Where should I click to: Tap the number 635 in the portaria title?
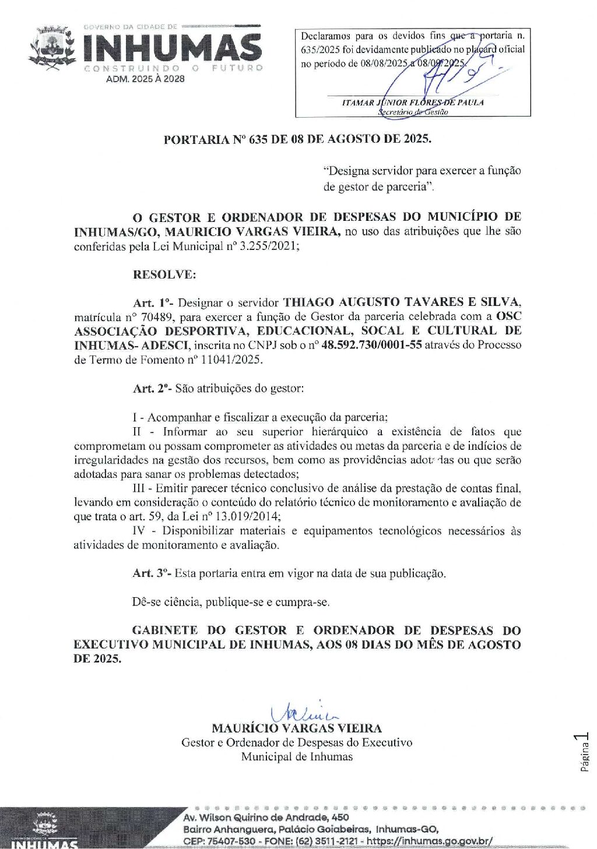[x=258, y=139]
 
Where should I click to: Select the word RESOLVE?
[x=164, y=274]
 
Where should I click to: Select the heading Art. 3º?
[x=151, y=573]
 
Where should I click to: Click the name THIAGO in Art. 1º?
[x=308, y=302]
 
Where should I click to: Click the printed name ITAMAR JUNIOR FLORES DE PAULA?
[x=413, y=103]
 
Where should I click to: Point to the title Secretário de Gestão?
[x=413, y=112]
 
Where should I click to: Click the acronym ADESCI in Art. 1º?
[x=165, y=345]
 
